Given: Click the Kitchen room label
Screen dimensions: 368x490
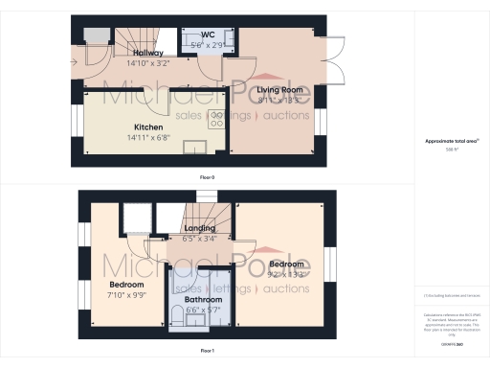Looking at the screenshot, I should [148, 127].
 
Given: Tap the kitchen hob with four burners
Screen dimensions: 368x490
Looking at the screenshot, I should [216, 121].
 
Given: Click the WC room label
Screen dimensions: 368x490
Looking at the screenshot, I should [207, 36].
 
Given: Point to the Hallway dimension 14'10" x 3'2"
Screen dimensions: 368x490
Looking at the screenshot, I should [148, 62].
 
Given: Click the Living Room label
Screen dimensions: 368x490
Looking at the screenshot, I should [280, 89].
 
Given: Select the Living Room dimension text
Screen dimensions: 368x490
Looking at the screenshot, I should [280, 99].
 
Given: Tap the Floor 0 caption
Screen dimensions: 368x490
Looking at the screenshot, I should [207, 178].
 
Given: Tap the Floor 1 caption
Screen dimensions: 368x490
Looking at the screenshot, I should [207, 352].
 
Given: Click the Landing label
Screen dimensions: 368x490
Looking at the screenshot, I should [199, 228].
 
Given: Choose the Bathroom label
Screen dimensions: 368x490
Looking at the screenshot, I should [203, 299].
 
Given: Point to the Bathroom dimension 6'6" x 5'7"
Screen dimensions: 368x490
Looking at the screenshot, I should [203, 310].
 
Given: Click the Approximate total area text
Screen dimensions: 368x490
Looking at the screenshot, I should [451, 141].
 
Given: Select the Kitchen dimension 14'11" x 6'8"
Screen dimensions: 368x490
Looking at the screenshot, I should [148, 137].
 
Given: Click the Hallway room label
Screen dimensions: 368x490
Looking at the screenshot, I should [148, 53].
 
